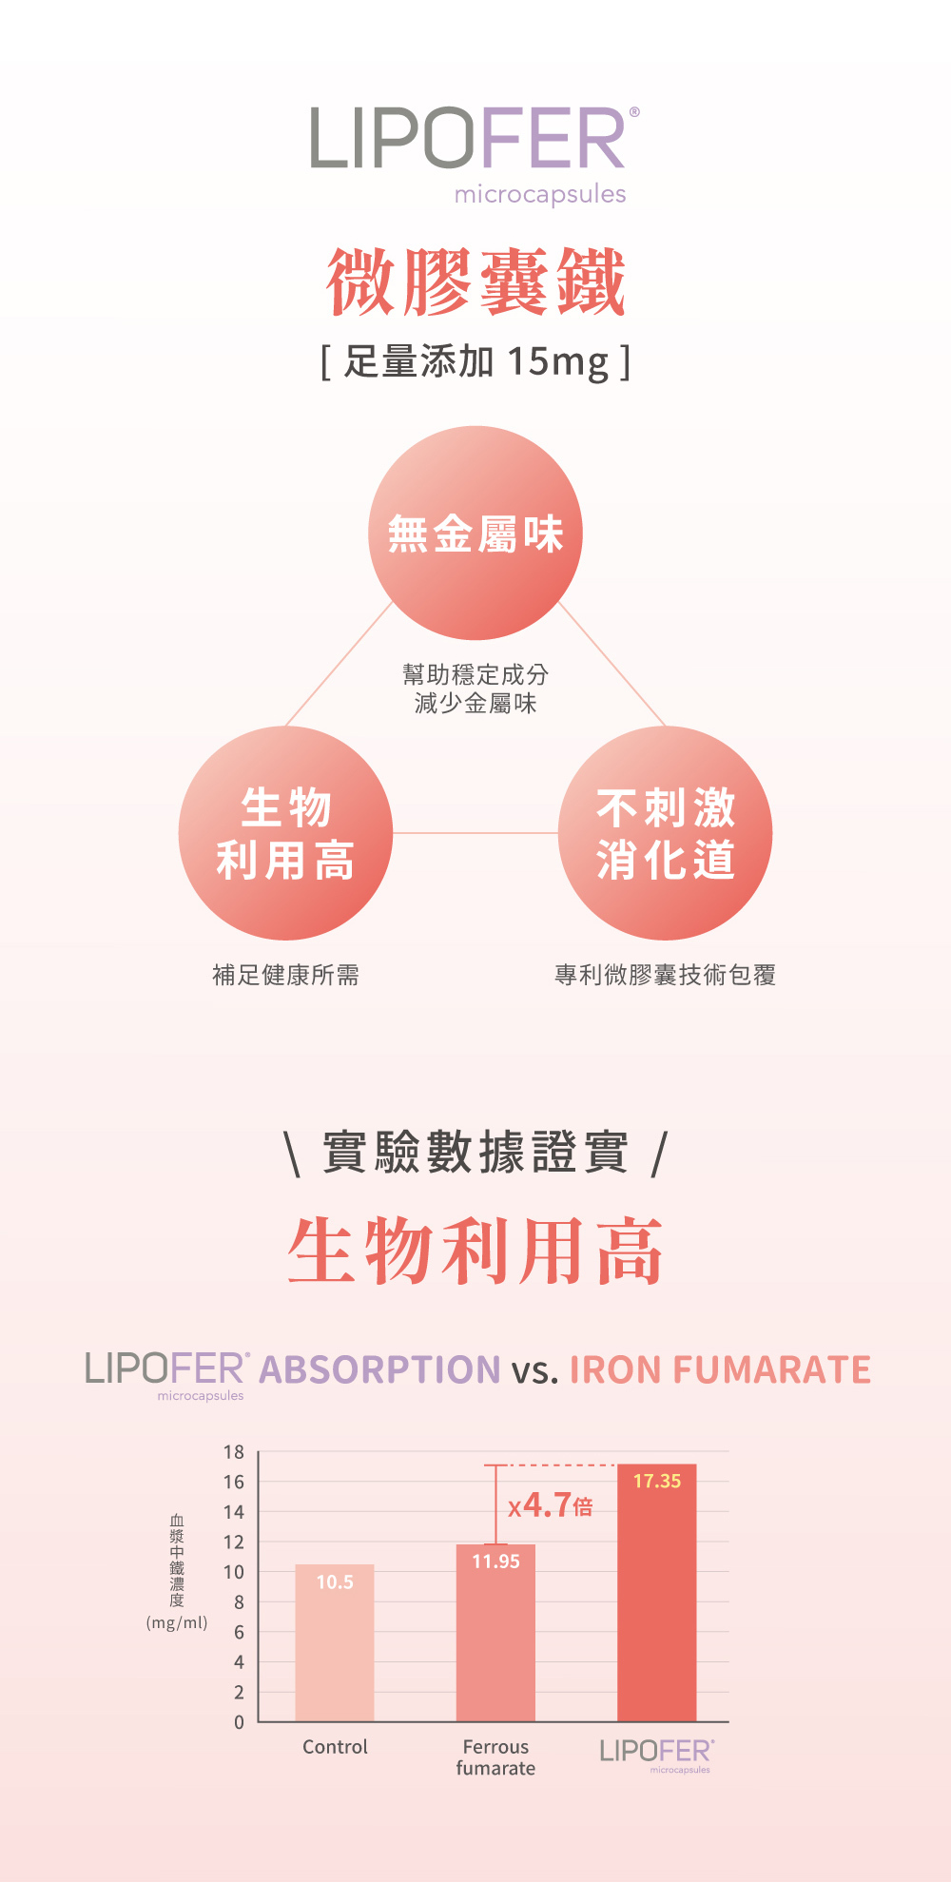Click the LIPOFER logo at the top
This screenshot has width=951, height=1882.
coord(475,155)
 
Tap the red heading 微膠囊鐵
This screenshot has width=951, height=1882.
coord(475,281)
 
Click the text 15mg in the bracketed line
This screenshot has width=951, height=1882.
coord(557,362)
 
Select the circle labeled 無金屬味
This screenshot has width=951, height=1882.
coord(475,533)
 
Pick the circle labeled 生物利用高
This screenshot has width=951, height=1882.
coord(285,833)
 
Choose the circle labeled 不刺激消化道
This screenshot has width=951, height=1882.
coord(666,833)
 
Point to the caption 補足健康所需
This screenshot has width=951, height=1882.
coord(285,975)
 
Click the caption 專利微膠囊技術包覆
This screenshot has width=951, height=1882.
coord(666,975)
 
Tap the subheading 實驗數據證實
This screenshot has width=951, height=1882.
coord(475,1153)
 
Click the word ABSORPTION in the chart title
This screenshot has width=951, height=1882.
coord(379,1369)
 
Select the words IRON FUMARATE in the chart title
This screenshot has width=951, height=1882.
coord(720,1369)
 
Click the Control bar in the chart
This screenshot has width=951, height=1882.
coord(335,1642)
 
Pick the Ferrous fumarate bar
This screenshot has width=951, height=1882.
coord(495,1632)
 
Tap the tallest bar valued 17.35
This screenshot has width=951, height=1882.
coord(657,1592)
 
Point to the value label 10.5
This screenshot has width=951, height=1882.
coord(335,1581)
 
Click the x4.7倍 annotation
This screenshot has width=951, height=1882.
coord(550,1505)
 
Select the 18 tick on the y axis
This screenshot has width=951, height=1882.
coord(234,1452)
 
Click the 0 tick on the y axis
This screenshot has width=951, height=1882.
coord(239,1721)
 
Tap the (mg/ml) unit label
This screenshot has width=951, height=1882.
coord(177,1622)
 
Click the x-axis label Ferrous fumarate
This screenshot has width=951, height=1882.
coord(495,1757)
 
